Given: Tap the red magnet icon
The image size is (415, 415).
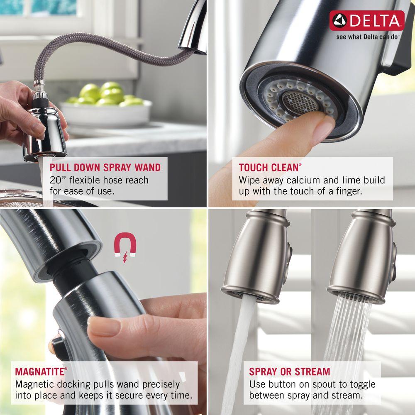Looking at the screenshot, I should (125, 248).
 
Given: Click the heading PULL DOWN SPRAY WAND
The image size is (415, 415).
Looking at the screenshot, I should (105, 168).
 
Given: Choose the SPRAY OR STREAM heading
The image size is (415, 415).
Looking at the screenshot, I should (290, 371).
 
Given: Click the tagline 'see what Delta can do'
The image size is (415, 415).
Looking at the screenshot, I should (367, 37).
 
